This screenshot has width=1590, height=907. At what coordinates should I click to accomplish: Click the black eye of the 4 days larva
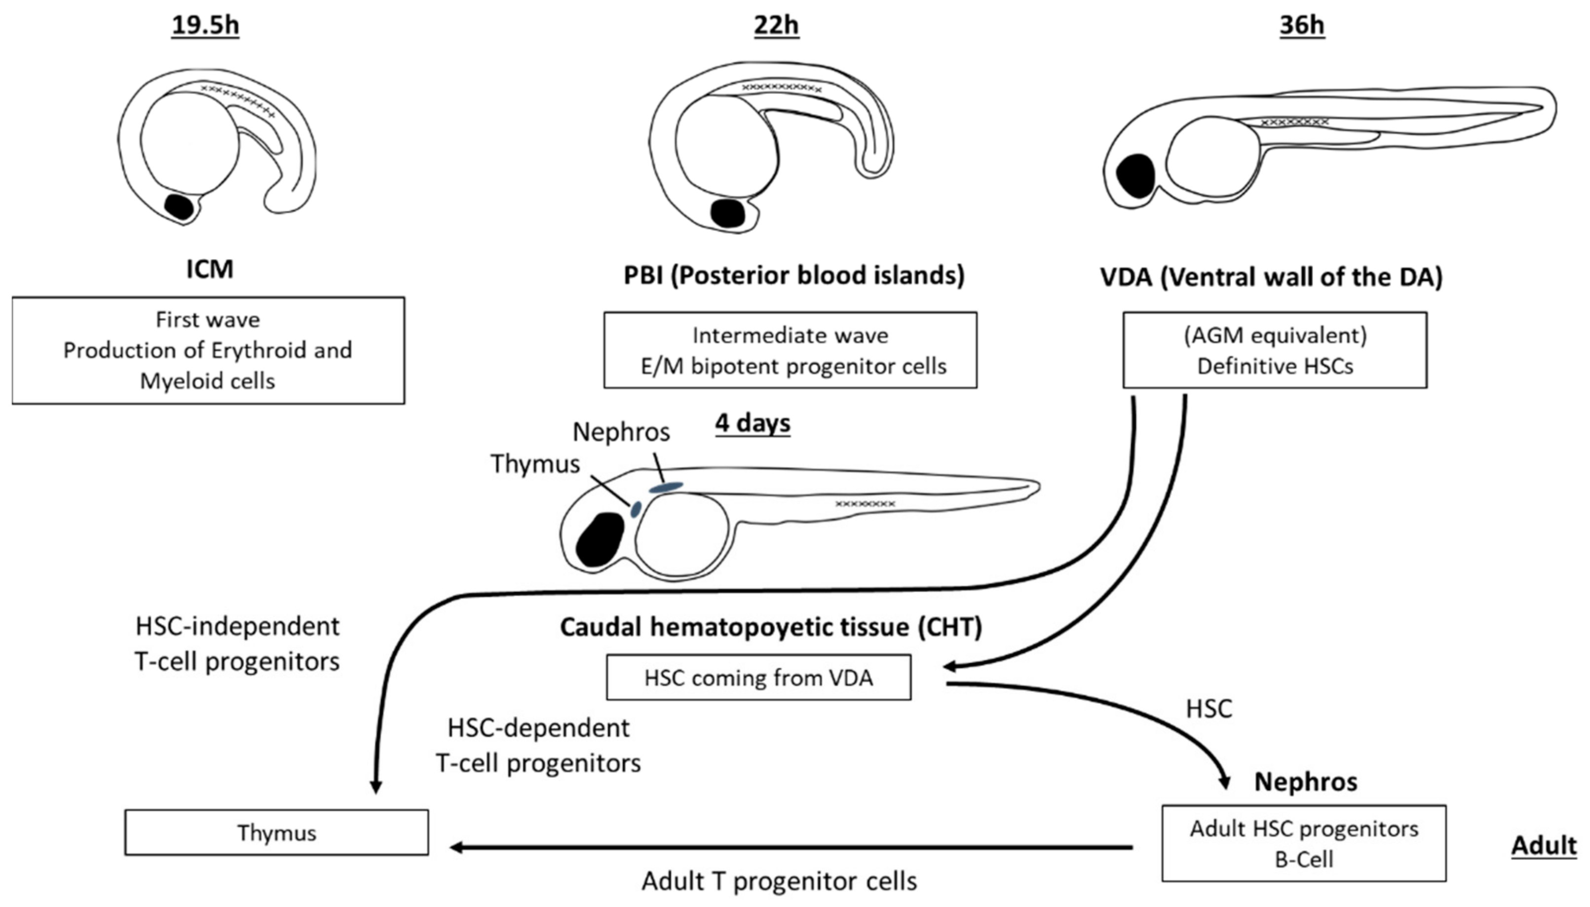[x=600, y=539]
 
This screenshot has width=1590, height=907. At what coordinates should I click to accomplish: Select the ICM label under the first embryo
[x=210, y=269]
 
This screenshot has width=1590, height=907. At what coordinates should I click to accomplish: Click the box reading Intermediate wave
[x=790, y=350]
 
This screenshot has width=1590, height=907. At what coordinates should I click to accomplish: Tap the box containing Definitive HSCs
[x=1274, y=350]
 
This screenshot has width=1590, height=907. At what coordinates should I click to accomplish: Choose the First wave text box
[x=208, y=350]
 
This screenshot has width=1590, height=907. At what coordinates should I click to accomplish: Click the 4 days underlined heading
[x=753, y=423]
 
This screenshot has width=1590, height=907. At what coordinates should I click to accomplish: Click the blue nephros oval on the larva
[x=666, y=487]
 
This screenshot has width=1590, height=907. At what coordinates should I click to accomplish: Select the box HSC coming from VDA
[x=758, y=677]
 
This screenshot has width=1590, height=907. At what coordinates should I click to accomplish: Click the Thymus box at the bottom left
[x=276, y=832]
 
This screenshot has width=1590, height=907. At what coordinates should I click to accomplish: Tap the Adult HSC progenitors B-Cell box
[x=1303, y=843]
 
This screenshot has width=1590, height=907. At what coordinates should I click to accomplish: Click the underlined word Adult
[x=1543, y=845]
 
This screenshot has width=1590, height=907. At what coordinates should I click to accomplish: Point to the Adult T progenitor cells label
[x=779, y=881]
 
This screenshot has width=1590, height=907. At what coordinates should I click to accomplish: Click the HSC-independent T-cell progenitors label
[x=237, y=643]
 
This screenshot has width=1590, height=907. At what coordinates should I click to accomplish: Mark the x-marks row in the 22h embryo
[x=782, y=88]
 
